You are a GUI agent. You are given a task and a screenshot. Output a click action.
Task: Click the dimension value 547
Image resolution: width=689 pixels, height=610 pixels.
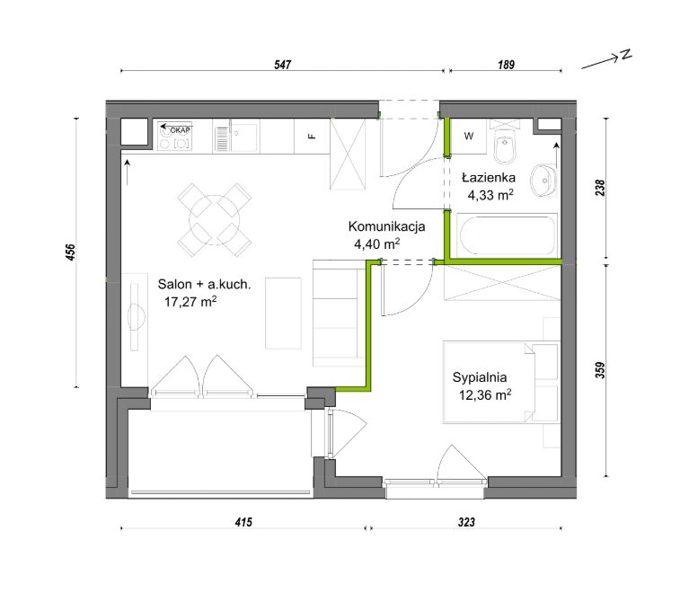tap(283, 65)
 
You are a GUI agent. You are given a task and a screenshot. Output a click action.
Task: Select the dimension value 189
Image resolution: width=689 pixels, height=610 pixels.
tap(506, 65)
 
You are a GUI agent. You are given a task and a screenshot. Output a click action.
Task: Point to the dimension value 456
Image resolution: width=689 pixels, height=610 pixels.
tap(71, 252)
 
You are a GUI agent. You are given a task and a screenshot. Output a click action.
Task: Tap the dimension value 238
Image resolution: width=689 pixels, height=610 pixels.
tap(600, 188)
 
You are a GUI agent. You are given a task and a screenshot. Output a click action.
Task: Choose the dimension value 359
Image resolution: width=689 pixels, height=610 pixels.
tap(600, 370)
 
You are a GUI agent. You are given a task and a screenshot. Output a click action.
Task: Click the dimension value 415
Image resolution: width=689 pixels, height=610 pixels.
tap(243, 522)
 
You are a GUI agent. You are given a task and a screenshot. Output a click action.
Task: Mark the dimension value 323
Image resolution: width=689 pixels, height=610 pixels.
tap(466, 522)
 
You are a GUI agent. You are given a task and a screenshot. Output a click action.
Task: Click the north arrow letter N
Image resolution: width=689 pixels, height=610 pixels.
tap(626, 55)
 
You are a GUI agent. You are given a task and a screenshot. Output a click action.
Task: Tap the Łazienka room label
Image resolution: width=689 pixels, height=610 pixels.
tap(488, 178)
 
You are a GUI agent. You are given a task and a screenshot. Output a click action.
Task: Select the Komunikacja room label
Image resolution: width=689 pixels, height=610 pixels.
tap(386, 226)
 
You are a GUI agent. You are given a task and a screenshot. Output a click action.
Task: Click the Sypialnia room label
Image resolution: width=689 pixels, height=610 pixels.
tap(480, 377)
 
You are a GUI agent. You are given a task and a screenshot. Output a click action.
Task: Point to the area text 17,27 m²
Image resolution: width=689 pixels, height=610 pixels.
tap(190, 302)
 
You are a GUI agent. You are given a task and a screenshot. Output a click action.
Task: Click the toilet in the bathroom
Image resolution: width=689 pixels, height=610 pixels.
tap(504, 146)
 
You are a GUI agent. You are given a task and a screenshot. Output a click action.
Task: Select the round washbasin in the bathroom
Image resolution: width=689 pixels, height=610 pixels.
tap(543, 181)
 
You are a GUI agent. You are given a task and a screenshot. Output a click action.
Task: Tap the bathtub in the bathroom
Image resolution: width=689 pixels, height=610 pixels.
tap(508, 235)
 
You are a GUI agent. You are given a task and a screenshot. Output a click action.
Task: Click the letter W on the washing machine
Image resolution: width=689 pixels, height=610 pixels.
tap(468, 137)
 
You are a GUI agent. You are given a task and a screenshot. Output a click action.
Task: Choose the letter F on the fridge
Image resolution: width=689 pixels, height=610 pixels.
tap(312, 136)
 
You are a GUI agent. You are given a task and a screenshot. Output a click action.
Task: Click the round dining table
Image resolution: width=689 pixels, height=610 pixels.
tap(215, 220)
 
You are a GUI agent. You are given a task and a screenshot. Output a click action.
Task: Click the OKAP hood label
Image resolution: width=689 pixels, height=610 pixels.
tap(181, 130)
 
